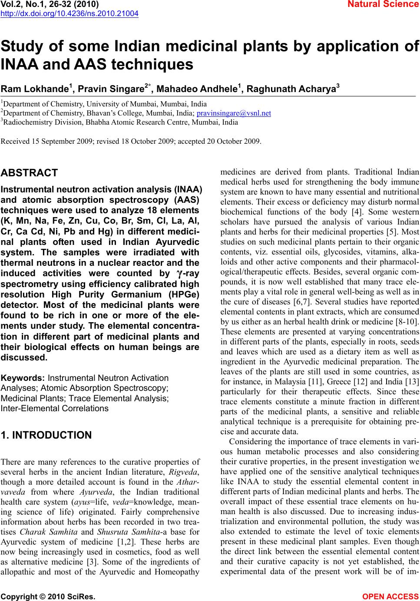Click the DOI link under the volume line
69,13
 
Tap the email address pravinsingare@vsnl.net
234,113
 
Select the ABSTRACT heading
29,173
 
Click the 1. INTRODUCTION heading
46,435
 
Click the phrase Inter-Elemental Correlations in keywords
55,408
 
